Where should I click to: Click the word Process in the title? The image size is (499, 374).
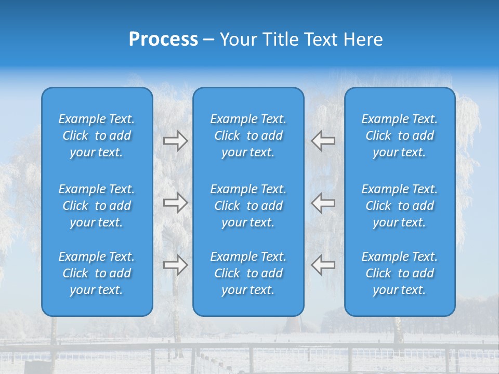163,39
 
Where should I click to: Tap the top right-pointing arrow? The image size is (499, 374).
175,141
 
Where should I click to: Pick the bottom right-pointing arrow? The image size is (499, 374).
175,264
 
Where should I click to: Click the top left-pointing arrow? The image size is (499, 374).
323,141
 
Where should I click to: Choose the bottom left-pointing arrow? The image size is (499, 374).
323,264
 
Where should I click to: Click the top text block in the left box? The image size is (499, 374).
97,136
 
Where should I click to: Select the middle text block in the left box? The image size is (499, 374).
97,206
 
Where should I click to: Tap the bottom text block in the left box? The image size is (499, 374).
97,273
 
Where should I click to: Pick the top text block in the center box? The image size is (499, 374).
248,136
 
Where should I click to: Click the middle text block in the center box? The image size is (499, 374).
248,206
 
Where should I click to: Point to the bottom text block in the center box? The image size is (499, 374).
248,273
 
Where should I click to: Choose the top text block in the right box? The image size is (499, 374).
399,136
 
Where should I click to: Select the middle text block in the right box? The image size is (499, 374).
399,206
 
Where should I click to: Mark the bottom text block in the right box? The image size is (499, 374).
399,273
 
